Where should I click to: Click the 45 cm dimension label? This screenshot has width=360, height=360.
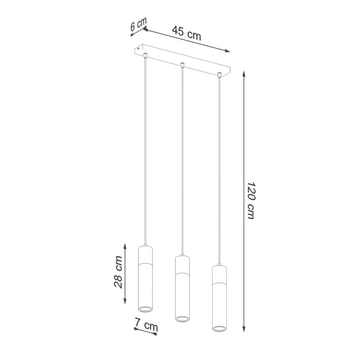[x=186, y=33]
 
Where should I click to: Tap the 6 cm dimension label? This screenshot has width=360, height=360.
[x=138, y=24]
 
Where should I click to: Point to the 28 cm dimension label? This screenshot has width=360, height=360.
[x=118, y=272]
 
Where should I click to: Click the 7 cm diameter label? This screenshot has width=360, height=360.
[x=146, y=324]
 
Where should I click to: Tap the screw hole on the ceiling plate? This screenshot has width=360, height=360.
[x=138, y=49]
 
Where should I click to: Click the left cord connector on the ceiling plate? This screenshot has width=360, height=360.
[x=145, y=55]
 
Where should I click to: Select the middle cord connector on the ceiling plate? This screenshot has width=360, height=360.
[x=182, y=65]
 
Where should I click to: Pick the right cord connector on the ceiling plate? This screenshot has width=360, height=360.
[x=220, y=75]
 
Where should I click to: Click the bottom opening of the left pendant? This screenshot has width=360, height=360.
[x=145, y=309]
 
